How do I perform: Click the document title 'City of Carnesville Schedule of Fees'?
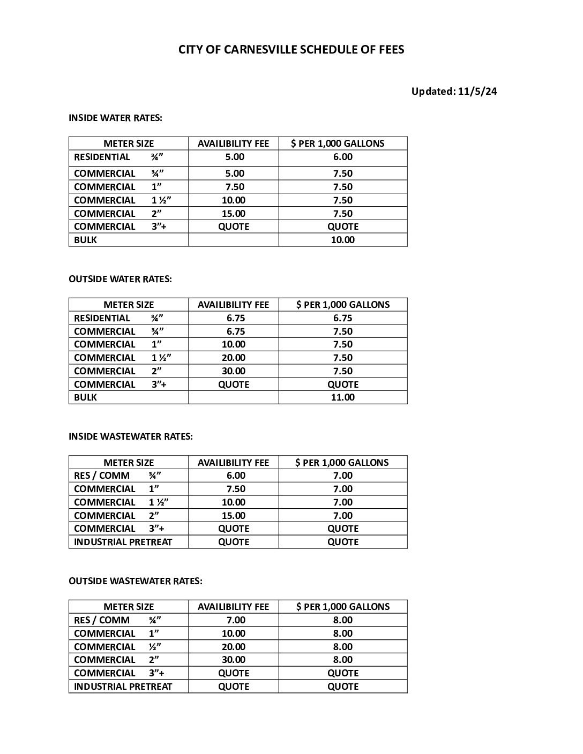click(x=291, y=50)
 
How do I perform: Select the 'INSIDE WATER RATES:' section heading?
click(x=115, y=118)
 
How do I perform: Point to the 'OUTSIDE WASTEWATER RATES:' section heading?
click(x=136, y=581)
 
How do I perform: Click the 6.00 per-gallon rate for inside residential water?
click(x=343, y=157)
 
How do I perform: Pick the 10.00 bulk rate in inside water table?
click(x=343, y=240)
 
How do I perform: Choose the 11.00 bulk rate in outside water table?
click(x=343, y=397)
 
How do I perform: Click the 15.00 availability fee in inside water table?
click(x=234, y=214)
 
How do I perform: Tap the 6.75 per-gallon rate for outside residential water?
click(x=343, y=318)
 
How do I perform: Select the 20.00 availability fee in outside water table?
click(x=234, y=358)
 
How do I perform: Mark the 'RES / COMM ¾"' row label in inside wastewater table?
click(x=117, y=476)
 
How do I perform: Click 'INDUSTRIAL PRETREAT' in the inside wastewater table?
click(x=123, y=542)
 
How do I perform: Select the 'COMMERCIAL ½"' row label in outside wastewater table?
click(x=117, y=647)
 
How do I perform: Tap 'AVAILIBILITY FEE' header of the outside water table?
click(x=233, y=305)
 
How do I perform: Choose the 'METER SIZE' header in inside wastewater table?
click(x=129, y=463)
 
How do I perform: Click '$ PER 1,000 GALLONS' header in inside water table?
click(x=338, y=144)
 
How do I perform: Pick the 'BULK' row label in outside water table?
click(x=86, y=397)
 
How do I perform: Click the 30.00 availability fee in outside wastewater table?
click(x=234, y=660)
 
